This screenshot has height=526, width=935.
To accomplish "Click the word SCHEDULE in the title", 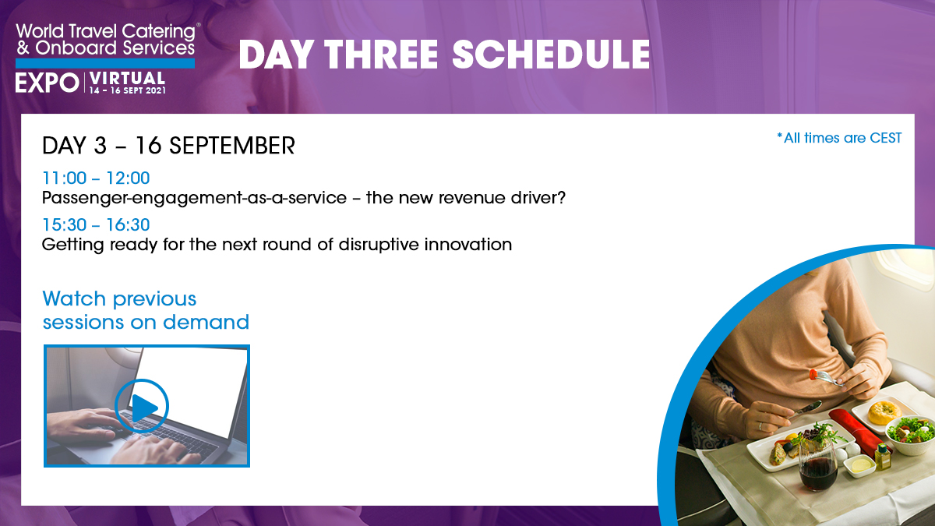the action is pos(551,55).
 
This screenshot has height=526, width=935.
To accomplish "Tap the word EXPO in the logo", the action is pos(48,83).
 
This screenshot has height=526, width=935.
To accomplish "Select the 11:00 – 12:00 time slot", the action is pos(96,178).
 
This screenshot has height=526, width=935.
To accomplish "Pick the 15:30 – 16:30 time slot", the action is pos(96,225).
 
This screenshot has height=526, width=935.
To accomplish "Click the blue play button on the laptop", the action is pos(142,406).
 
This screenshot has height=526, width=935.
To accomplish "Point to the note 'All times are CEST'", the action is pos(839,138).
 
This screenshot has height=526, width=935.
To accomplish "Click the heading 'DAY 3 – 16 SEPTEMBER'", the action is pos(168,146).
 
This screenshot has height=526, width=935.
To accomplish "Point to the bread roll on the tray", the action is pos(884,412).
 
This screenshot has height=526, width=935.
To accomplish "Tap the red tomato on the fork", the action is pos(813,375).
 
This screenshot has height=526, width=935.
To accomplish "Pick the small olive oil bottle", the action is pos(883,457).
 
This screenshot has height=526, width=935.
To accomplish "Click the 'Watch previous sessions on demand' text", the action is pos(146,310).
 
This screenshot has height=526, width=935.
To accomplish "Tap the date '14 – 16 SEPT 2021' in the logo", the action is pos(127,90).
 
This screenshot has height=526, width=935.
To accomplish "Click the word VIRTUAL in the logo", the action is pos(127,79).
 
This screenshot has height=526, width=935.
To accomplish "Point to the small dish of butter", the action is pos(859,465).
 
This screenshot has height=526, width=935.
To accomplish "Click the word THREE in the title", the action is pos(381,55).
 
